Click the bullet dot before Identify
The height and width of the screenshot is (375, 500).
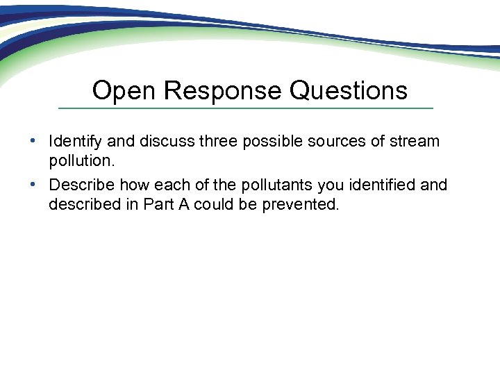[x=33, y=141]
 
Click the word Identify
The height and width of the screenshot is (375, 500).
[x=76, y=142]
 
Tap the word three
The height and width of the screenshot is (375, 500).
[x=219, y=142]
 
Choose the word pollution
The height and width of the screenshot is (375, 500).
[x=78, y=163]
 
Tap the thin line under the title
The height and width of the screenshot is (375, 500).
[x=245, y=108]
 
